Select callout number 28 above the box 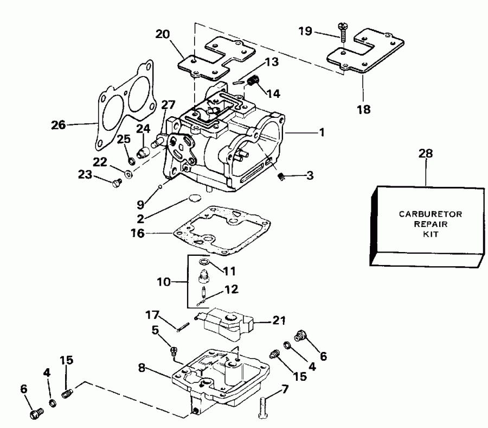426,154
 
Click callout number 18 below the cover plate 364,109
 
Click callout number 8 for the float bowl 141,367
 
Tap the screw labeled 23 115,184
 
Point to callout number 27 169,104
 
